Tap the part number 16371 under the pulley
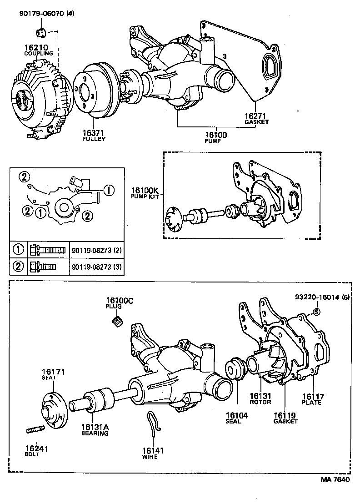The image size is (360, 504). [94, 133]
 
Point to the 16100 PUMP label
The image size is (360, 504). [215, 135]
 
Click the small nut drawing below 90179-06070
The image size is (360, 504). [40, 32]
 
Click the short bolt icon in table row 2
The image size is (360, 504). [42, 266]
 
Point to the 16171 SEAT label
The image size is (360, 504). [54, 374]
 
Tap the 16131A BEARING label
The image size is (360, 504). [95, 430]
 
